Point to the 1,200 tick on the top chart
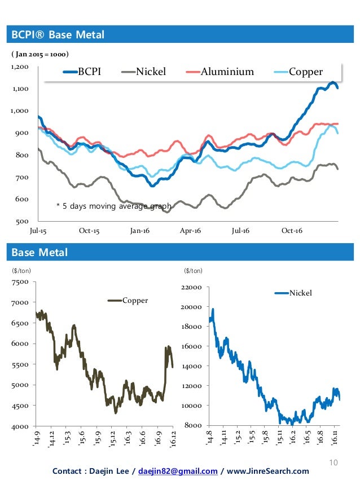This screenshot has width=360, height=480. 19,67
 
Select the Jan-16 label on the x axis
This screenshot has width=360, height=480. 139,231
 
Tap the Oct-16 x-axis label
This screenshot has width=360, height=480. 291,231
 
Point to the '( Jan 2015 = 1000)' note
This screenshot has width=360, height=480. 40,55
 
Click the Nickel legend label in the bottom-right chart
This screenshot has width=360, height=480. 300,293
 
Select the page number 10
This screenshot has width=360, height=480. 333,463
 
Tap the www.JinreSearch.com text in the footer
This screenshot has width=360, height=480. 269,471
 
